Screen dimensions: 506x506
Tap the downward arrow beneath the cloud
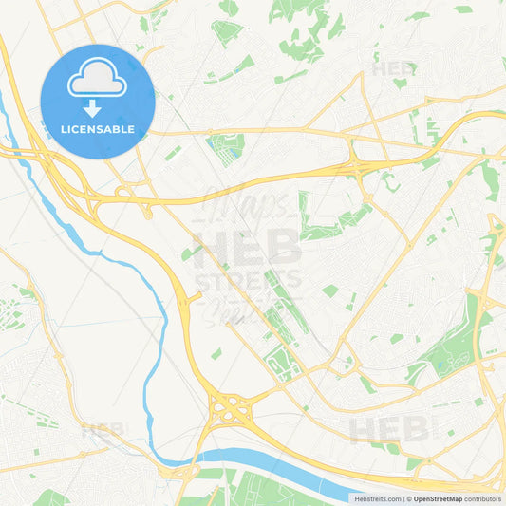coord(93,107)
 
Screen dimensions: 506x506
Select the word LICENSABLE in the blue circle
coord(97,129)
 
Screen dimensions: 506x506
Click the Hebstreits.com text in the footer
coord(375,498)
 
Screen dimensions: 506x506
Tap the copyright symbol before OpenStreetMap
coord(408,498)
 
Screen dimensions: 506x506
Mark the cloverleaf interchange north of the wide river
coord(229,410)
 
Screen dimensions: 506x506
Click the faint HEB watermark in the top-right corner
coord(394,68)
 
